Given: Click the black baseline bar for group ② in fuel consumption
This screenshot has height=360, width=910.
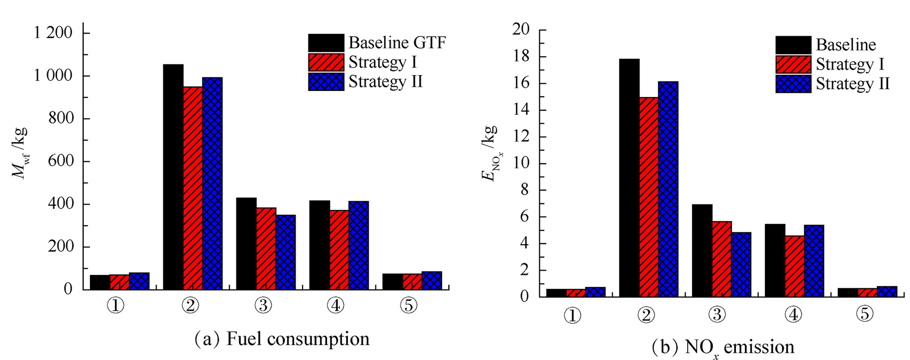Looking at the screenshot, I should [173, 177].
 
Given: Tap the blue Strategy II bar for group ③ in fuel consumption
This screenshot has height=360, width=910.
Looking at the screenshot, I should [285, 252].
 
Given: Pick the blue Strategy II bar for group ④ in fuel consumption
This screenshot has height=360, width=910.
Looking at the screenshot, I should [359, 246].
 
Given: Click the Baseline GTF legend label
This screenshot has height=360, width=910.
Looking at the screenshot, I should [397, 43].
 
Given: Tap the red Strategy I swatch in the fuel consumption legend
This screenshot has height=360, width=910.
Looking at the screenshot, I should [326, 62].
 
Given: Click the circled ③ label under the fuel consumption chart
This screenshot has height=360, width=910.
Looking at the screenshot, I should [263, 305].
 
